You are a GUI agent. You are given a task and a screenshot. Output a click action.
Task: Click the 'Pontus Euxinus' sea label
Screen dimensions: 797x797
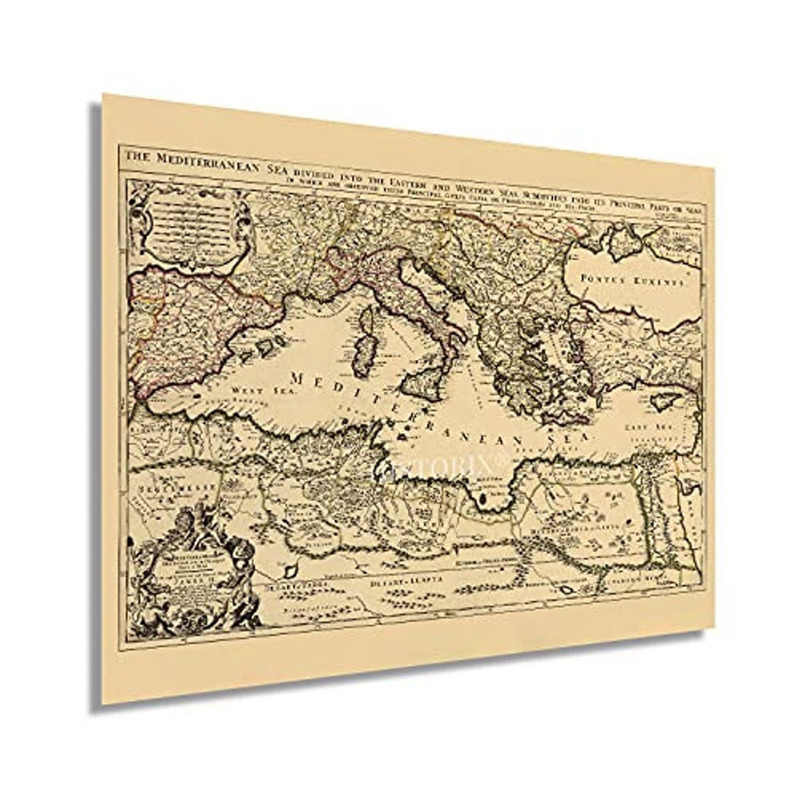click(632, 280)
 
